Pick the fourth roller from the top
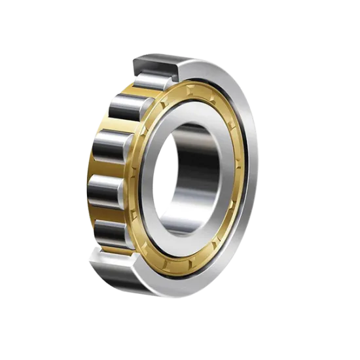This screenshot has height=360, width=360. click(104, 192)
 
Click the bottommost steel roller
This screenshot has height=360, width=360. click(111, 232)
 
